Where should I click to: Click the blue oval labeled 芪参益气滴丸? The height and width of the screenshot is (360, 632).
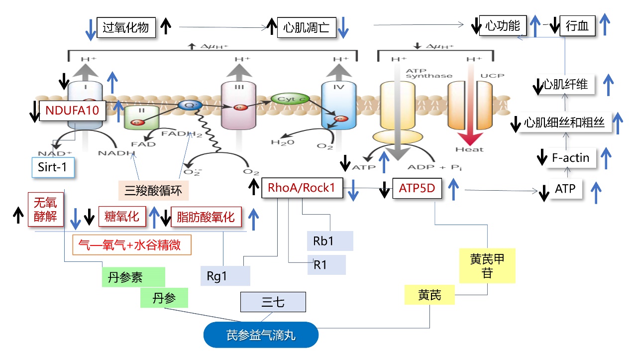pyautogui.click(x=261, y=335)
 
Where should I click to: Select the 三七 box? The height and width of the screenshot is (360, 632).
pyautogui.click(x=273, y=302)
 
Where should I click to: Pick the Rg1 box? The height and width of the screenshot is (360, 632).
pyautogui.click(x=225, y=275)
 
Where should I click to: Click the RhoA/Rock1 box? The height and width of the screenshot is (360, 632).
pyautogui.click(x=302, y=188)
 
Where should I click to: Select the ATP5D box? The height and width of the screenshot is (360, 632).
pyautogui.click(x=417, y=188)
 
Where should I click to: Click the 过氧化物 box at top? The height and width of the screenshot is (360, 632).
pyautogui.click(x=126, y=26)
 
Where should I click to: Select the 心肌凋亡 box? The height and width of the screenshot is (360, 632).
pyautogui.click(x=306, y=26)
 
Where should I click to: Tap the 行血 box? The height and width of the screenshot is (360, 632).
pyautogui.click(x=577, y=26)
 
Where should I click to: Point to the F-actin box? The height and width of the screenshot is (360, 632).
pyautogui.click(x=570, y=158)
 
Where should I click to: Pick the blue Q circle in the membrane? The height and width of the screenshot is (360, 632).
pyautogui.click(x=187, y=105)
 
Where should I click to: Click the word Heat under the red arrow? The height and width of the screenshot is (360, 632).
pyautogui.click(x=469, y=149)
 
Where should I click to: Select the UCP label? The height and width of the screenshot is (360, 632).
pyautogui.click(x=492, y=76)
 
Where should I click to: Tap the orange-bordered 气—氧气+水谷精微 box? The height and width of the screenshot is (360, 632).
pyautogui.click(x=132, y=245)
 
